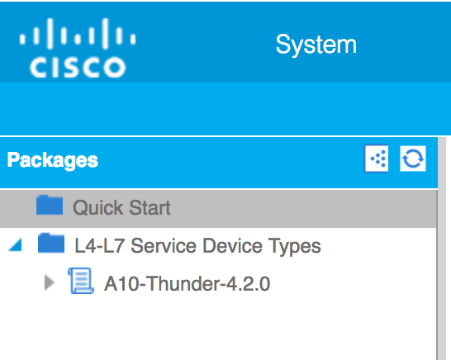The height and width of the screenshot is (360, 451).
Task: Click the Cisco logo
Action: coord(78,48)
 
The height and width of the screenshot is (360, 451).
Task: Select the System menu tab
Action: coord(316,45)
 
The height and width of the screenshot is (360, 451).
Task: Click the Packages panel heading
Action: coord(53,160)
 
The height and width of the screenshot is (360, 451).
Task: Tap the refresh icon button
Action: coord(413,159)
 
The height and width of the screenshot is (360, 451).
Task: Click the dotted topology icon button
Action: coord(376,159)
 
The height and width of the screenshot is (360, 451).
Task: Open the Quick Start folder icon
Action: coord(50,205)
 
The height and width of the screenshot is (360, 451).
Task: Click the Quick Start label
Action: coord(121,207)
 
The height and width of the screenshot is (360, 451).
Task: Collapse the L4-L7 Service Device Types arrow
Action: coord(16,245)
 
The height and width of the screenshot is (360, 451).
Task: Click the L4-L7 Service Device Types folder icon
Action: coord(51,243)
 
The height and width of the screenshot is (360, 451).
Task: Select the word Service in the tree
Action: coord(164,246)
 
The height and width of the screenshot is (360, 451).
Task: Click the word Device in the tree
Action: coord(232,246)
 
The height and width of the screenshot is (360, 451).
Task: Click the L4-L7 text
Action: coord(99,246)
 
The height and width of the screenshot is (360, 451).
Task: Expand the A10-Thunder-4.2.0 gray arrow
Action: coord(50,282)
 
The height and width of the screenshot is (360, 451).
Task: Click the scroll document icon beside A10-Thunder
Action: coord(81,281)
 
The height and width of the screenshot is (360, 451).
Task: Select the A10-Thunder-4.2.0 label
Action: coord(187,284)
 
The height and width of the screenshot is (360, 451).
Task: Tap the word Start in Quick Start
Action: coord(150,207)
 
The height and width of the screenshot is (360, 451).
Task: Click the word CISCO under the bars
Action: coord(78,67)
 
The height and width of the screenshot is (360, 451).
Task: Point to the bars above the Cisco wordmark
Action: coord(78,34)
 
